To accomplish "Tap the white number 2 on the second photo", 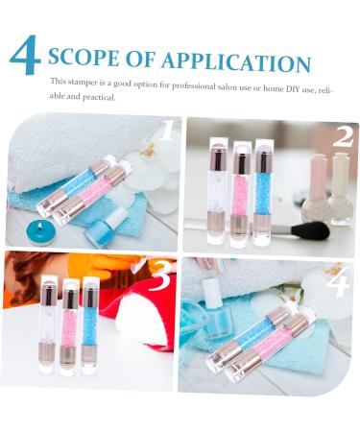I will pyautogui.click(x=342, y=136).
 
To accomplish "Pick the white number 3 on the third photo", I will pyautogui.click(x=160, y=275).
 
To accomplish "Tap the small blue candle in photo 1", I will pyautogui.click(x=40, y=231).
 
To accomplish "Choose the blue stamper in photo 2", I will pyautogui.click(x=264, y=191).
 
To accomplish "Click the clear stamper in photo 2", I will pyautogui.click(x=218, y=189).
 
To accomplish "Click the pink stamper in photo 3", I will pyautogui.click(x=69, y=324).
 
